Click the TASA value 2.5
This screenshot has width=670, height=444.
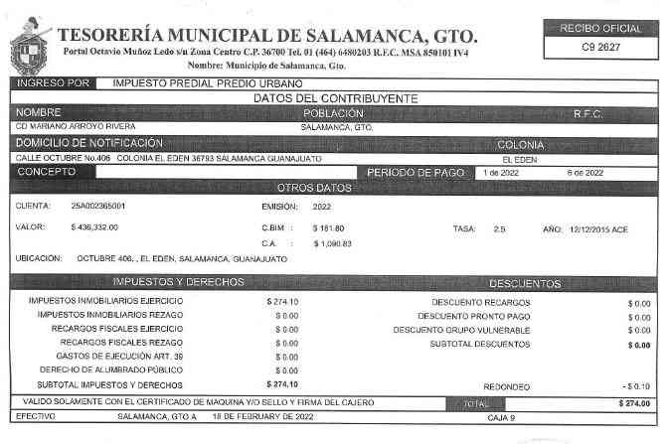499,228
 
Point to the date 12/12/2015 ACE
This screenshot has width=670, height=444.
598,228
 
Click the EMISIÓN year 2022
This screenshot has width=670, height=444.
321,207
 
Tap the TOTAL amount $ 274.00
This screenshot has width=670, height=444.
633,403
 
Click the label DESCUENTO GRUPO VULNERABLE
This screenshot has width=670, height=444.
461,329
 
